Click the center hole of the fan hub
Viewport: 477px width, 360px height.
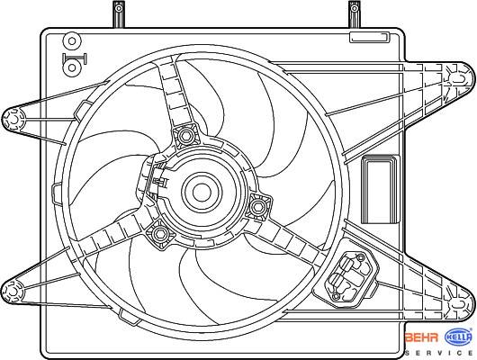(202, 193)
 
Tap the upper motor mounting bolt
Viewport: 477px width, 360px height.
(185, 135)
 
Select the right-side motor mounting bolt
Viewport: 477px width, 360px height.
(258, 207)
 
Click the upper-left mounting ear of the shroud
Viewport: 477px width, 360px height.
(13, 120)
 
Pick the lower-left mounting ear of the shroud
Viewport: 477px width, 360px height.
(13, 292)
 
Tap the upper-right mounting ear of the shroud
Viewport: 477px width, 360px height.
(460, 79)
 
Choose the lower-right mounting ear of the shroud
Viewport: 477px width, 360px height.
(461, 304)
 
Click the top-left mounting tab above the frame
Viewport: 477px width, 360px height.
(119, 13)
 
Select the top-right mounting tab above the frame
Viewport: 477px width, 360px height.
(355, 13)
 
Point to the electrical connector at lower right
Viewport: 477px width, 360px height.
(346, 277)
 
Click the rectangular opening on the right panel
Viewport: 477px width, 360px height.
(381, 189)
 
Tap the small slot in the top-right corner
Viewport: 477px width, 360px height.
(370, 37)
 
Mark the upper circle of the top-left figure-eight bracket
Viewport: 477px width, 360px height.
(72, 40)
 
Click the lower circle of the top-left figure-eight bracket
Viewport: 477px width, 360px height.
(72, 67)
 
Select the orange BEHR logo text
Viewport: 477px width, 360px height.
(422, 337)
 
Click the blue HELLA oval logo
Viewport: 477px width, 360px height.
(459, 337)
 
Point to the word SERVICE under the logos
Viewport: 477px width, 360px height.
(438, 354)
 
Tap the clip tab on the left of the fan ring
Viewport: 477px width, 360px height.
(57, 193)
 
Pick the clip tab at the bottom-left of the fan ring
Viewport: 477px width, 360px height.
(129, 317)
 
